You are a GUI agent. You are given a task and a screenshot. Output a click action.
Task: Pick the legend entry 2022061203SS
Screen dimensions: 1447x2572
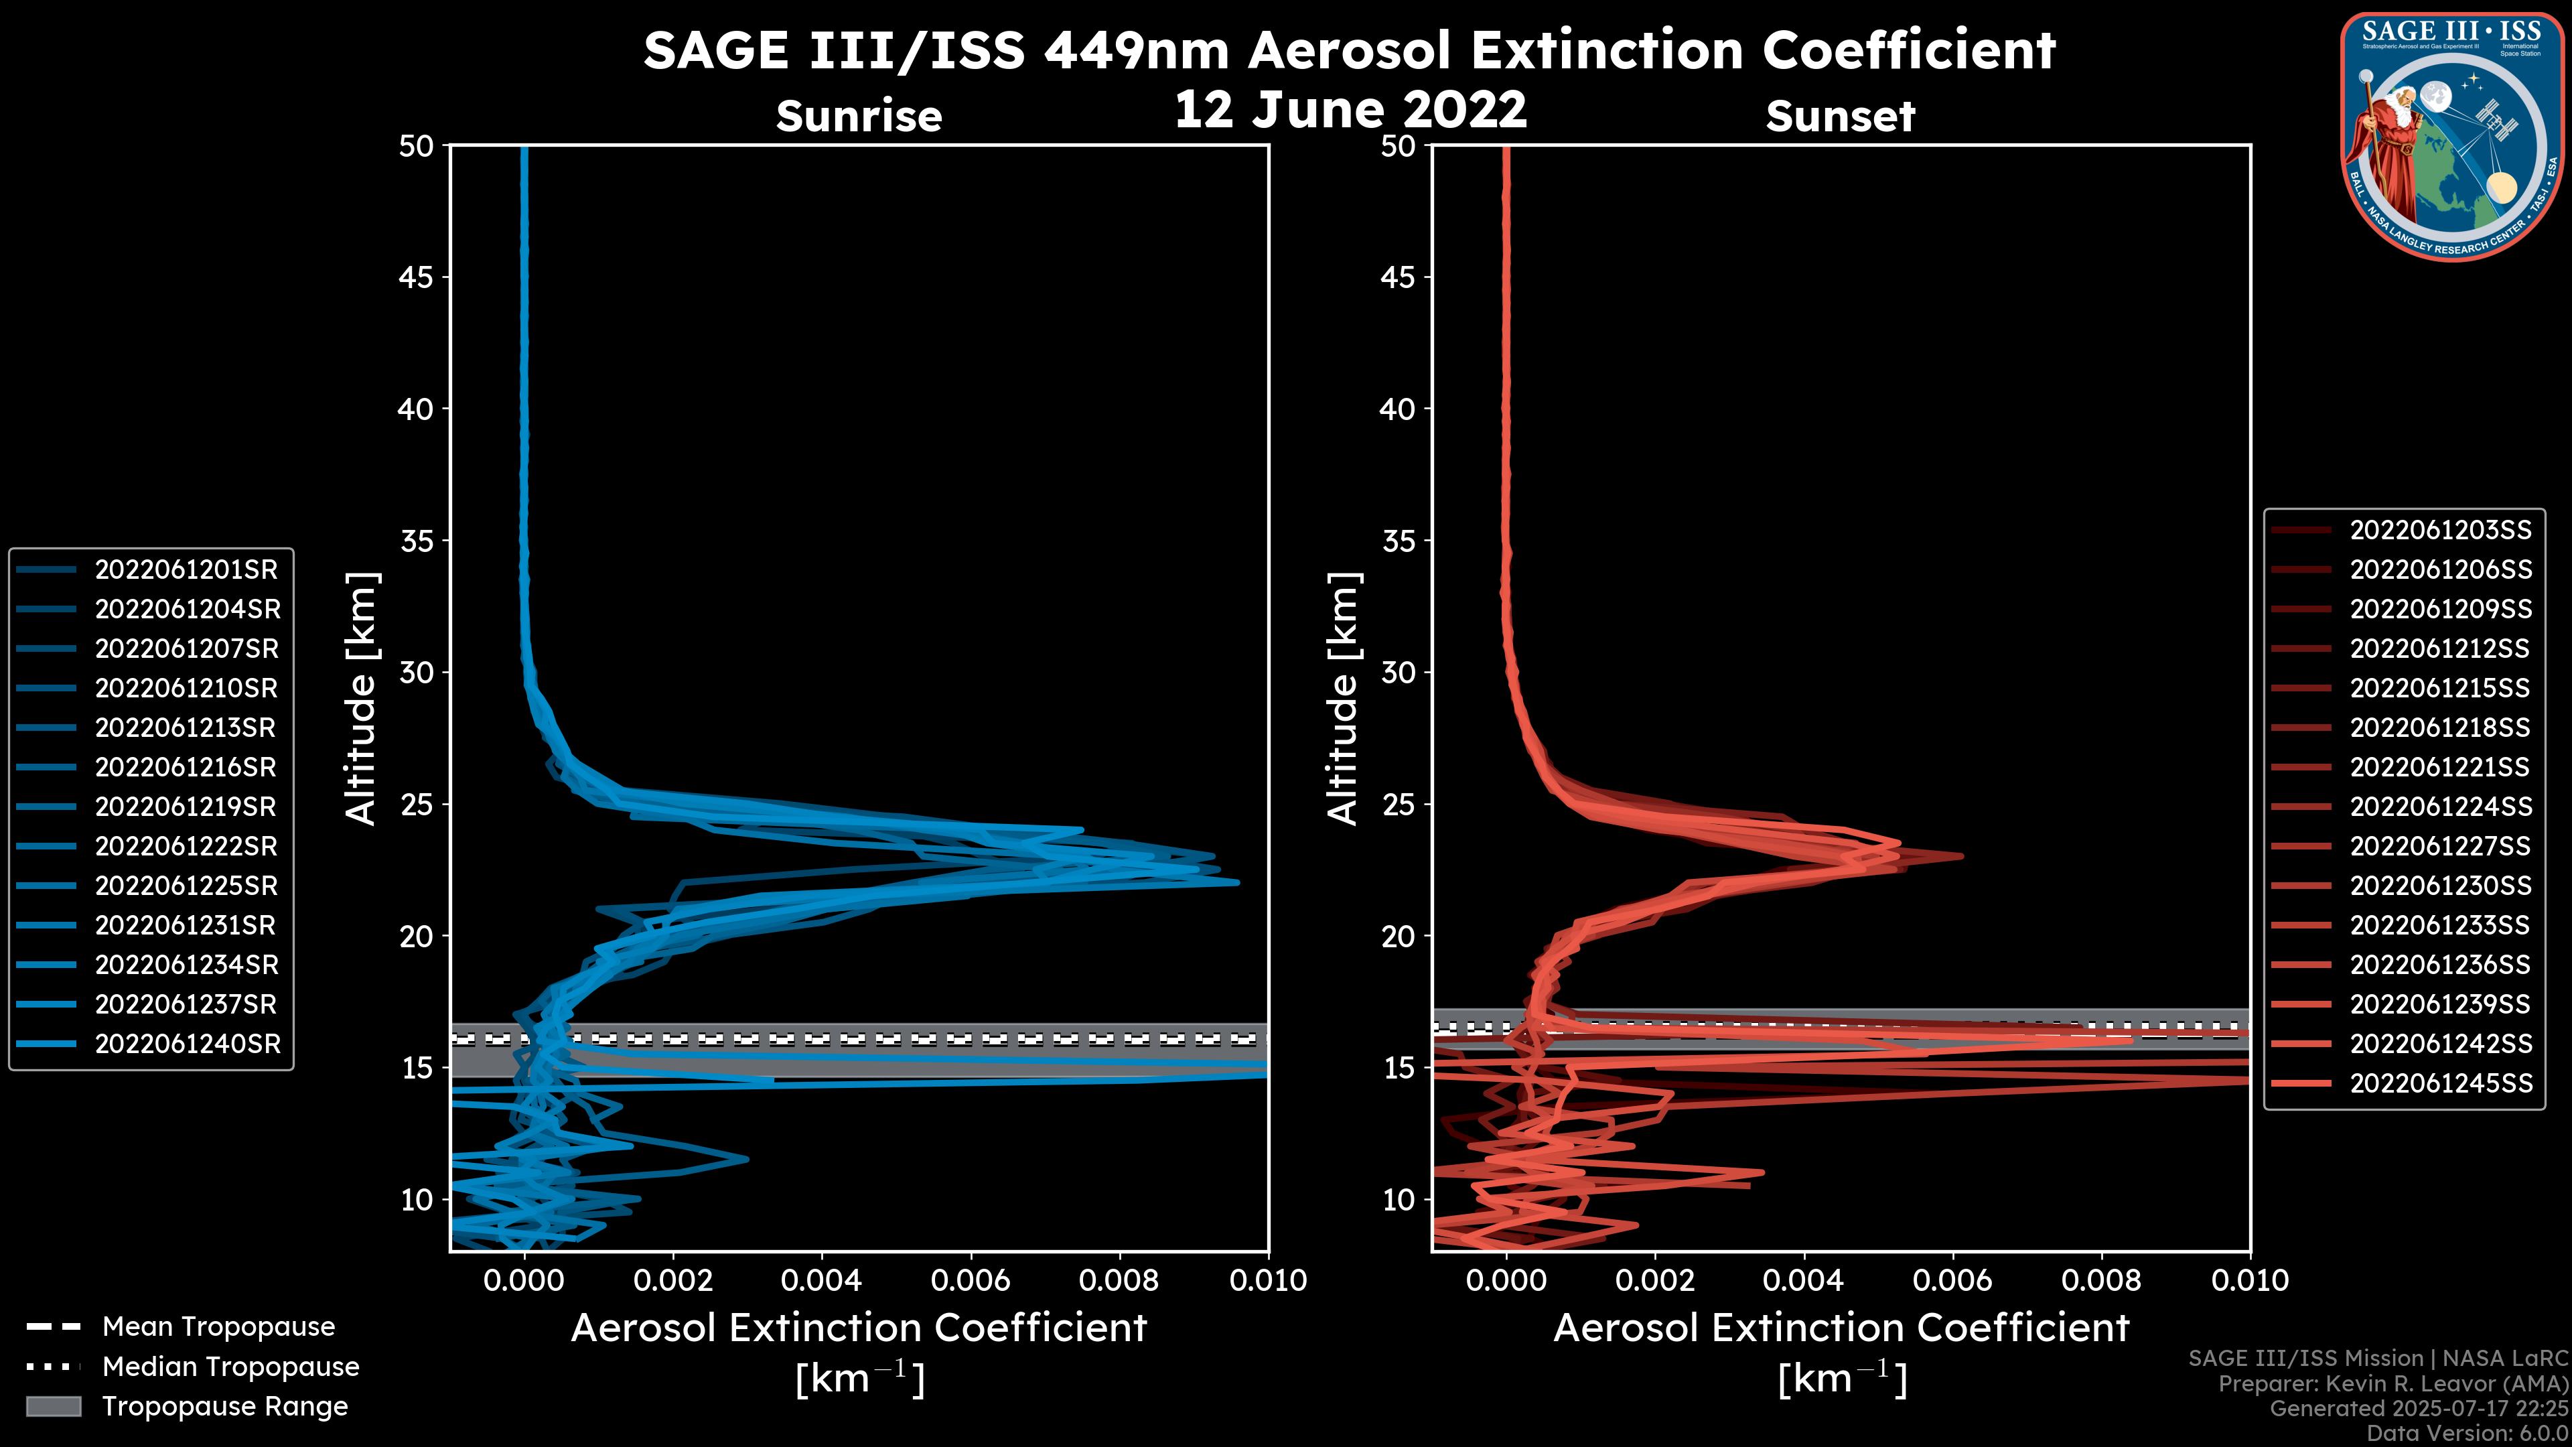(x=2440, y=531)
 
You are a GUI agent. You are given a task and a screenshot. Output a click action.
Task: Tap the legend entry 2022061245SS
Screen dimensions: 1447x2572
(x=2440, y=1083)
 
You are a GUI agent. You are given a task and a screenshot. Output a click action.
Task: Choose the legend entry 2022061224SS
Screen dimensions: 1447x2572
(x=2440, y=807)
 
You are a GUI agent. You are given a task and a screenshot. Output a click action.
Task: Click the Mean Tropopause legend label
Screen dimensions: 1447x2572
(x=218, y=1326)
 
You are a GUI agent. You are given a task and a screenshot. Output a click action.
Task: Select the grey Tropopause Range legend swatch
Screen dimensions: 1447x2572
(x=53, y=1406)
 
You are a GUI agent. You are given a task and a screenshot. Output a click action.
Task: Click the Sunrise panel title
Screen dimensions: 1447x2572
(x=859, y=116)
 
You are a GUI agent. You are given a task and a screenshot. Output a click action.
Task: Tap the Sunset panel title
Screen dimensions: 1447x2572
(x=1840, y=116)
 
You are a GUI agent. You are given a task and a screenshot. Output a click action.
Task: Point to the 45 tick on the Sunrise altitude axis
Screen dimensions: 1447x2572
(x=417, y=277)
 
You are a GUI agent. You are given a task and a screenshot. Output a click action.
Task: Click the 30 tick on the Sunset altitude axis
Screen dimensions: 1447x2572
(x=1399, y=672)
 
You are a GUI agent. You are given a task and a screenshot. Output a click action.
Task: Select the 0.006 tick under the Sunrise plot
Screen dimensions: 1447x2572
(x=971, y=1280)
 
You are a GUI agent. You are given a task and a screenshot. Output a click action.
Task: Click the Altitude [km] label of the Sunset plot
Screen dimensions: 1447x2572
(x=1343, y=698)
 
